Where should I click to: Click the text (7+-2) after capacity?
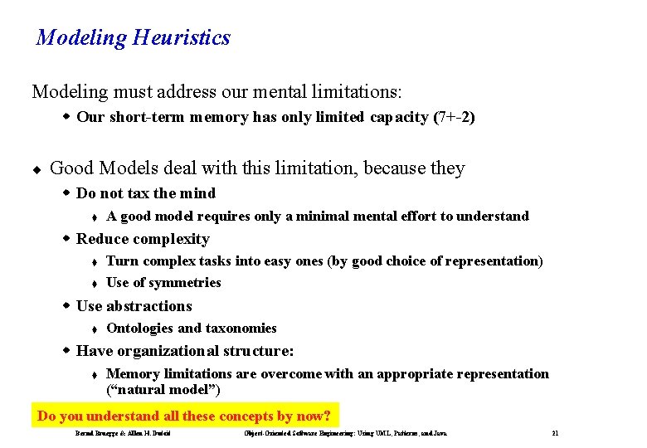pyautogui.click(x=454, y=117)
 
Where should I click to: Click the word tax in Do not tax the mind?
pyautogui.click(x=139, y=193)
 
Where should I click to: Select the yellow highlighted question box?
pyautogui.click(x=185, y=416)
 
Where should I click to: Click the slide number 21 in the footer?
pyautogui.click(x=555, y=434)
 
